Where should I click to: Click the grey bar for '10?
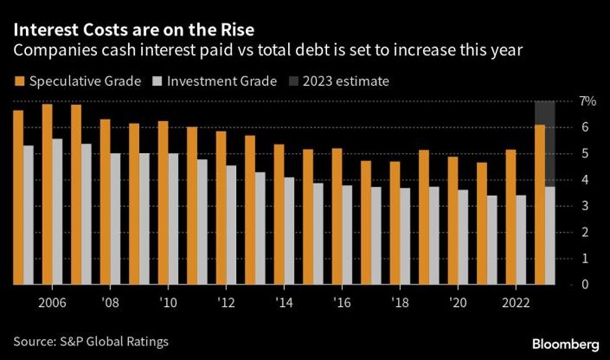pyautogui.click(x=173, y=219)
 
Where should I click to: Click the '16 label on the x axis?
pyautogui.click(x=342, y=301)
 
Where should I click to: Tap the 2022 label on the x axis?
pyautogui.click(x=516, y=301)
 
